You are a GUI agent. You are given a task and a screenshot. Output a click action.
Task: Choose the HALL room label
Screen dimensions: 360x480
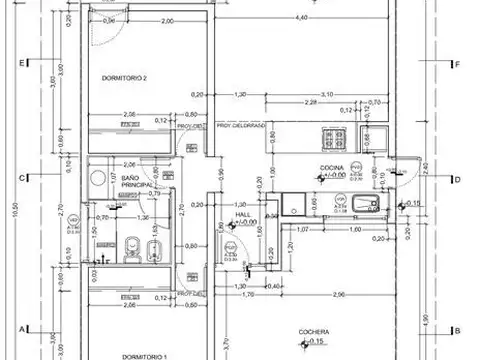[x=241, y=214]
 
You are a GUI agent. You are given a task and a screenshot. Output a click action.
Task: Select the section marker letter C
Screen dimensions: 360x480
[x=22, y=180]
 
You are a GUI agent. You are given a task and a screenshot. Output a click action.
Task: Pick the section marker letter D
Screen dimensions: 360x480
[x=456, y=180]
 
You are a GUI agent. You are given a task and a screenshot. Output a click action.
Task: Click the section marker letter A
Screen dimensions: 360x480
[x=22, y=329]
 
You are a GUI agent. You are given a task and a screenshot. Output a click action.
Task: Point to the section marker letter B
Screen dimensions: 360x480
[x=456, y=330]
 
